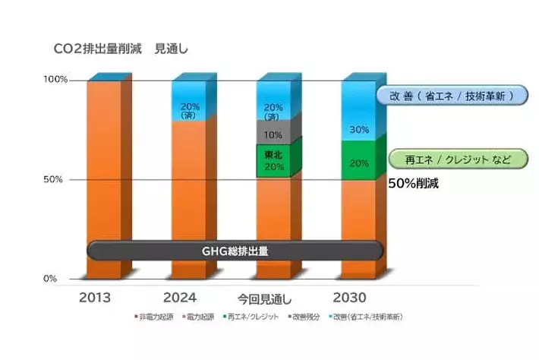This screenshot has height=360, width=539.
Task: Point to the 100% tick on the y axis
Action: [x=57, y=79]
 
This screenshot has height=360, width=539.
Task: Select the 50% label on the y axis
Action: [x=59, y=179]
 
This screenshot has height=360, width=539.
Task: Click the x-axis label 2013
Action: [x=95, y=297]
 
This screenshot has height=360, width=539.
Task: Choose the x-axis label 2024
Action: [x=180, y=297]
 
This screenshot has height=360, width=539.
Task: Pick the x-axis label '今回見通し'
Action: [x=264, y=298]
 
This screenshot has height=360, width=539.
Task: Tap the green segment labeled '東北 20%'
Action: [x=273, y=160]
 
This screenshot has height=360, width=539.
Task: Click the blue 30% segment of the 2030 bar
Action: [x=358, y=114]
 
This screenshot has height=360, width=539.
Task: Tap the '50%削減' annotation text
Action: [x=414, y=183]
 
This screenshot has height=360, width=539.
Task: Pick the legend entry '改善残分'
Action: [x=307, y=316]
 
